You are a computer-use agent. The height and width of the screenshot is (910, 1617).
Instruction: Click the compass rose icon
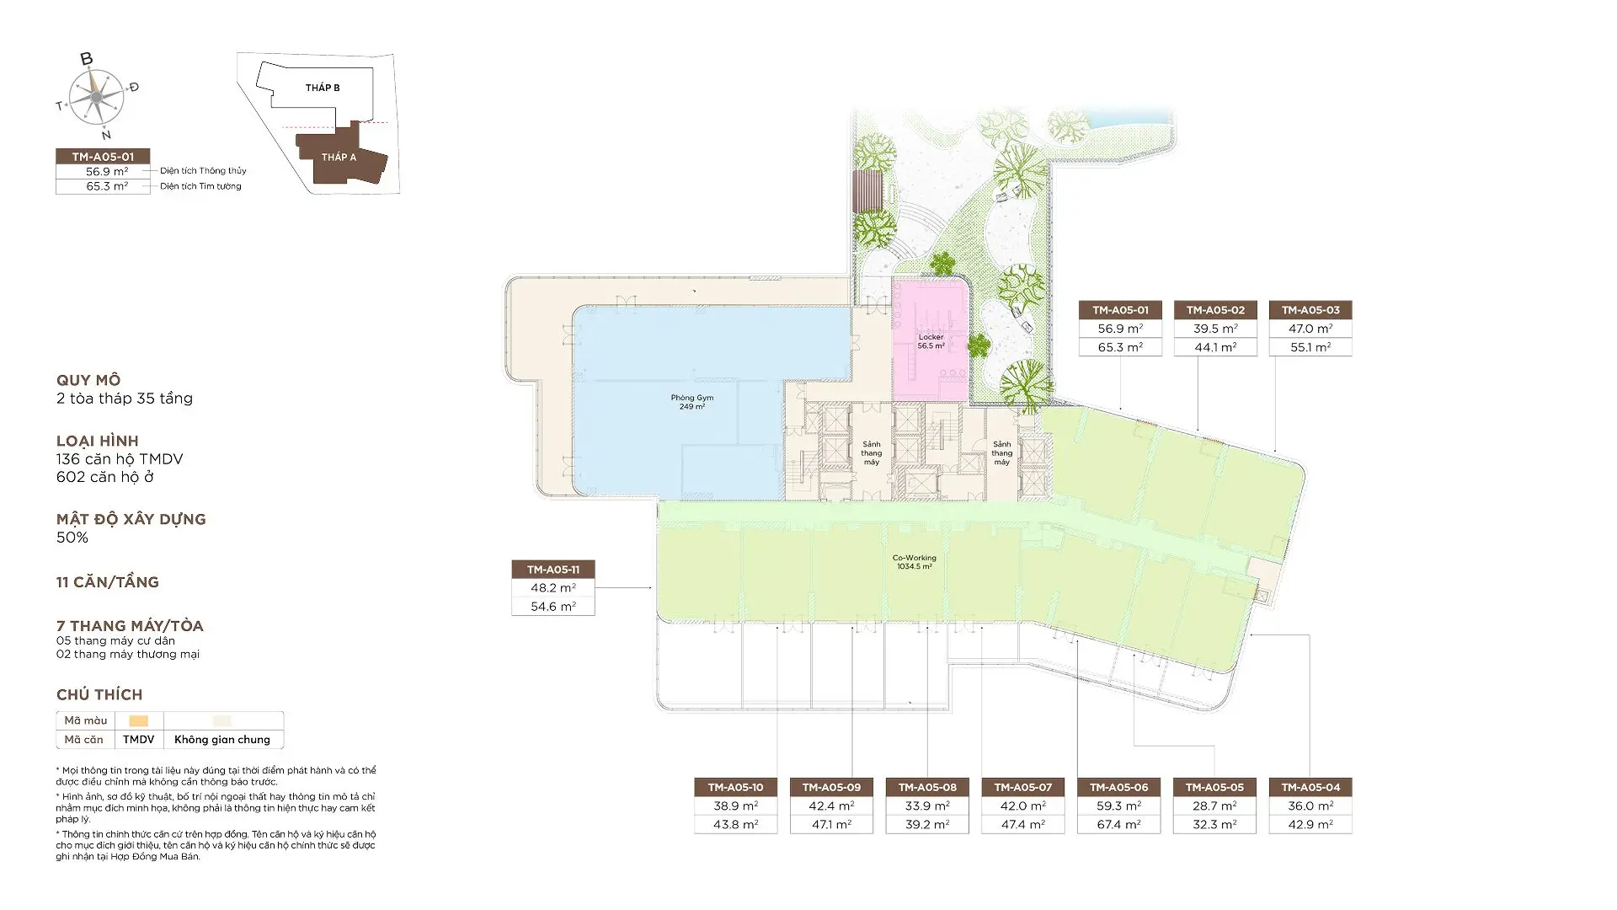click(97, 97)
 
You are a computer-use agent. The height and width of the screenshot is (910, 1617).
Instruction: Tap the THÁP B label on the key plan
click(323, 88)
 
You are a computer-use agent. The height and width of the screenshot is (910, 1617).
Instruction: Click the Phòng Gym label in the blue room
click(692, 402)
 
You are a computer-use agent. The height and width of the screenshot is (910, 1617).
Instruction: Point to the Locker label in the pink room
click(931, 341)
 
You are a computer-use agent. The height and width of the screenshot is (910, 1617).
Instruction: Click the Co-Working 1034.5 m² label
click(915, 562)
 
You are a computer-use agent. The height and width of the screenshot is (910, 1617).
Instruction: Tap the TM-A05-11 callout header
click(553, 570)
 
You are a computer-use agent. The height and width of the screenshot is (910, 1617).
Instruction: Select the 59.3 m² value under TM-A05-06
click(1118, 806)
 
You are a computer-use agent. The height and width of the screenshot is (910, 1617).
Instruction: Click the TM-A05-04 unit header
click(1310, 787)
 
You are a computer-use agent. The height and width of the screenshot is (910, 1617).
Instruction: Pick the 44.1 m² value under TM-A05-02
click(1215, 347)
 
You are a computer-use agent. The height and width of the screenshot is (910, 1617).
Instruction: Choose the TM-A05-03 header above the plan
click(1310, 310)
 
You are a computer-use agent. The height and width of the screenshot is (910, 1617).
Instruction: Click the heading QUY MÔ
click(88, 380)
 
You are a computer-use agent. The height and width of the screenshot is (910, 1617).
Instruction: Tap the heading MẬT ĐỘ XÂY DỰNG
click(131, 519)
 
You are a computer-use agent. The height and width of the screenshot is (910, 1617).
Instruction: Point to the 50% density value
click(72, 538)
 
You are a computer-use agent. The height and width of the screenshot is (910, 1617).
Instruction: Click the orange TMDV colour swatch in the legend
click(139, 720)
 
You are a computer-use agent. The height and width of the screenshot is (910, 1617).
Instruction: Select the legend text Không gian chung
click(222, 740)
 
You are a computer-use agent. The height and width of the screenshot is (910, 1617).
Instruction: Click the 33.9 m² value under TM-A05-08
click(926, 806)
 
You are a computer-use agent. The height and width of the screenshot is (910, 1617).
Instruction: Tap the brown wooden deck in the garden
click(867, 191)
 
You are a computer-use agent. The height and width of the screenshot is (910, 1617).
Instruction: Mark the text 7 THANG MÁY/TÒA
click(130, 626)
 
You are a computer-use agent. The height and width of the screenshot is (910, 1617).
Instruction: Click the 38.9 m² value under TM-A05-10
click(735, 806)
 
